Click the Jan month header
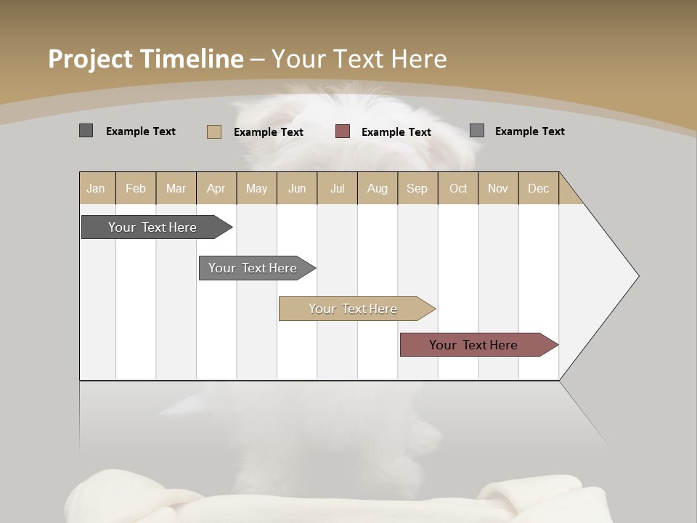pyautogui.click(x=97, y=188)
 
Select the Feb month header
pyautogui.click(x=136, y=188)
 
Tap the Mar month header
pyautogui.click(x=176, y=188)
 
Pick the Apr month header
pyautogui.click(x=216, y=188)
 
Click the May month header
pyautogui.click(x=256, y=188)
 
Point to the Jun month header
pyautogui.click(x=297, y=188)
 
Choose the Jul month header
pyautogui.click(x=338, y=188)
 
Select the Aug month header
pyautogui.click(x=378, y=188)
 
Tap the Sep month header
pyautogui.click(x=417, y=188)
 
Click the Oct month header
pyautogui.click(x=458, y=188)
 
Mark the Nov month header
pyautogui.click(x=498, y=188)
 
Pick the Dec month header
pyautogui.click(x=539, y=188)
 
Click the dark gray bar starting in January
pyautogui.click(x=153, y=227)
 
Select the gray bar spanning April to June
pyautogui.click(x=253, y=268)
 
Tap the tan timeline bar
pyautogui.click(x=354, y=309)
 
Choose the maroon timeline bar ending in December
pyautogui.click(x=474, y=345)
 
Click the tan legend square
pyautogui.click(x=214, y=131)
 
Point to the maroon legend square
pyautogui.click(x=343, y=131)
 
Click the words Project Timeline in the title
pyautogui.click(x=146, y=59)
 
